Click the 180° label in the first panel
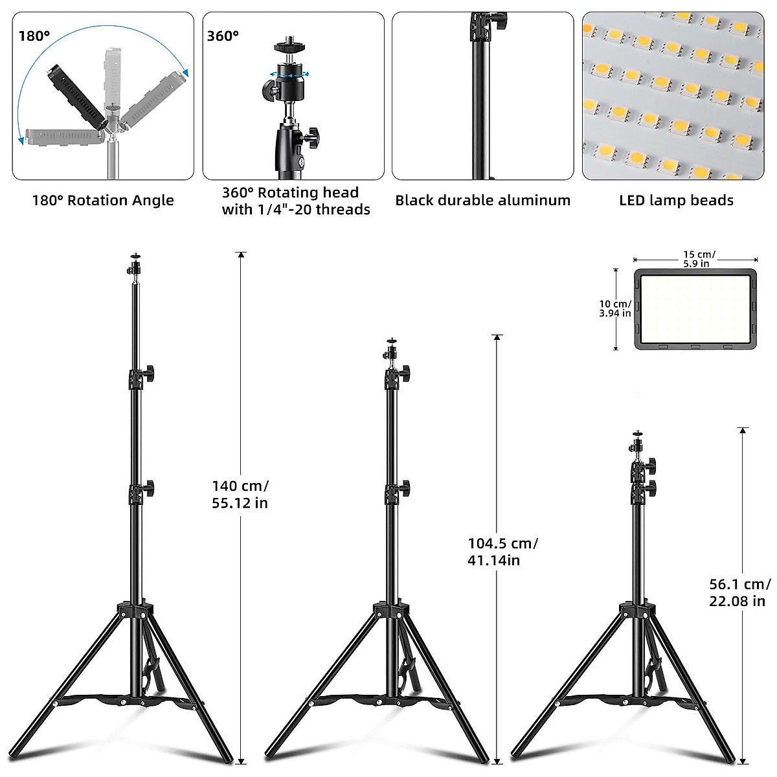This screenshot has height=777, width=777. click(x=34, y=36)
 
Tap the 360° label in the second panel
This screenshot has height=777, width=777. click(x=223, y=36)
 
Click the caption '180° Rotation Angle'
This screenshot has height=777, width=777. click(x=103, y=200)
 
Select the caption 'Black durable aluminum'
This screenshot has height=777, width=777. click(x=482, y=200)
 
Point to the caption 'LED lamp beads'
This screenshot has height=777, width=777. click(x=676, y=200)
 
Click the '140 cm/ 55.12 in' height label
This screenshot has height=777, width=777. click(x=240, y=494)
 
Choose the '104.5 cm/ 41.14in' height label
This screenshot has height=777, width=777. click(x=502, y=552)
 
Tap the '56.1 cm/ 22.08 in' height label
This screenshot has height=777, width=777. click(x=739, y=592)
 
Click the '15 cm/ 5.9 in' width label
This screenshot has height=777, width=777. click(x=699, y=259)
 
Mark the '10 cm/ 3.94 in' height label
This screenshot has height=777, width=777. click(x=614, y=308)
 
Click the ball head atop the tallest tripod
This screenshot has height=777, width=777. click(x=135, y=265)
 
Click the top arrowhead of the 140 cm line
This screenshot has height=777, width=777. click(x=241, y=255)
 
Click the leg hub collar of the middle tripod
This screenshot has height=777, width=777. click(x=392, y=610)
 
